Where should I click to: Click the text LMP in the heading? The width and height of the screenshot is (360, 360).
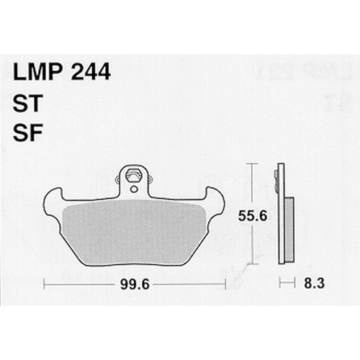pos(39,72)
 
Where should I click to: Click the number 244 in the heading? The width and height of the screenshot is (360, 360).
pos(91,72)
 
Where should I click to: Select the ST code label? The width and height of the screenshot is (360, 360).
pos(28,103)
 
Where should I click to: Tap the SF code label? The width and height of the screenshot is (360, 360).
pos(27,132)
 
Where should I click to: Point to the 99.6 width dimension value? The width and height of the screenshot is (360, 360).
pos(135,285)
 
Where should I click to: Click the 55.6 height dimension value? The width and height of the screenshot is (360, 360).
pos(253,216)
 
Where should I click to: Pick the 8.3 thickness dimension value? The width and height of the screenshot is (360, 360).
pos(315,283)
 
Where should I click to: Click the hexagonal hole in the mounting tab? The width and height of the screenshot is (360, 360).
pos(134,176)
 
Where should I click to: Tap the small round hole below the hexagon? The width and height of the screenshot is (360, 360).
pos(134,189)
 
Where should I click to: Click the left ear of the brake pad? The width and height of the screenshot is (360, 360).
pos(53,201)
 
